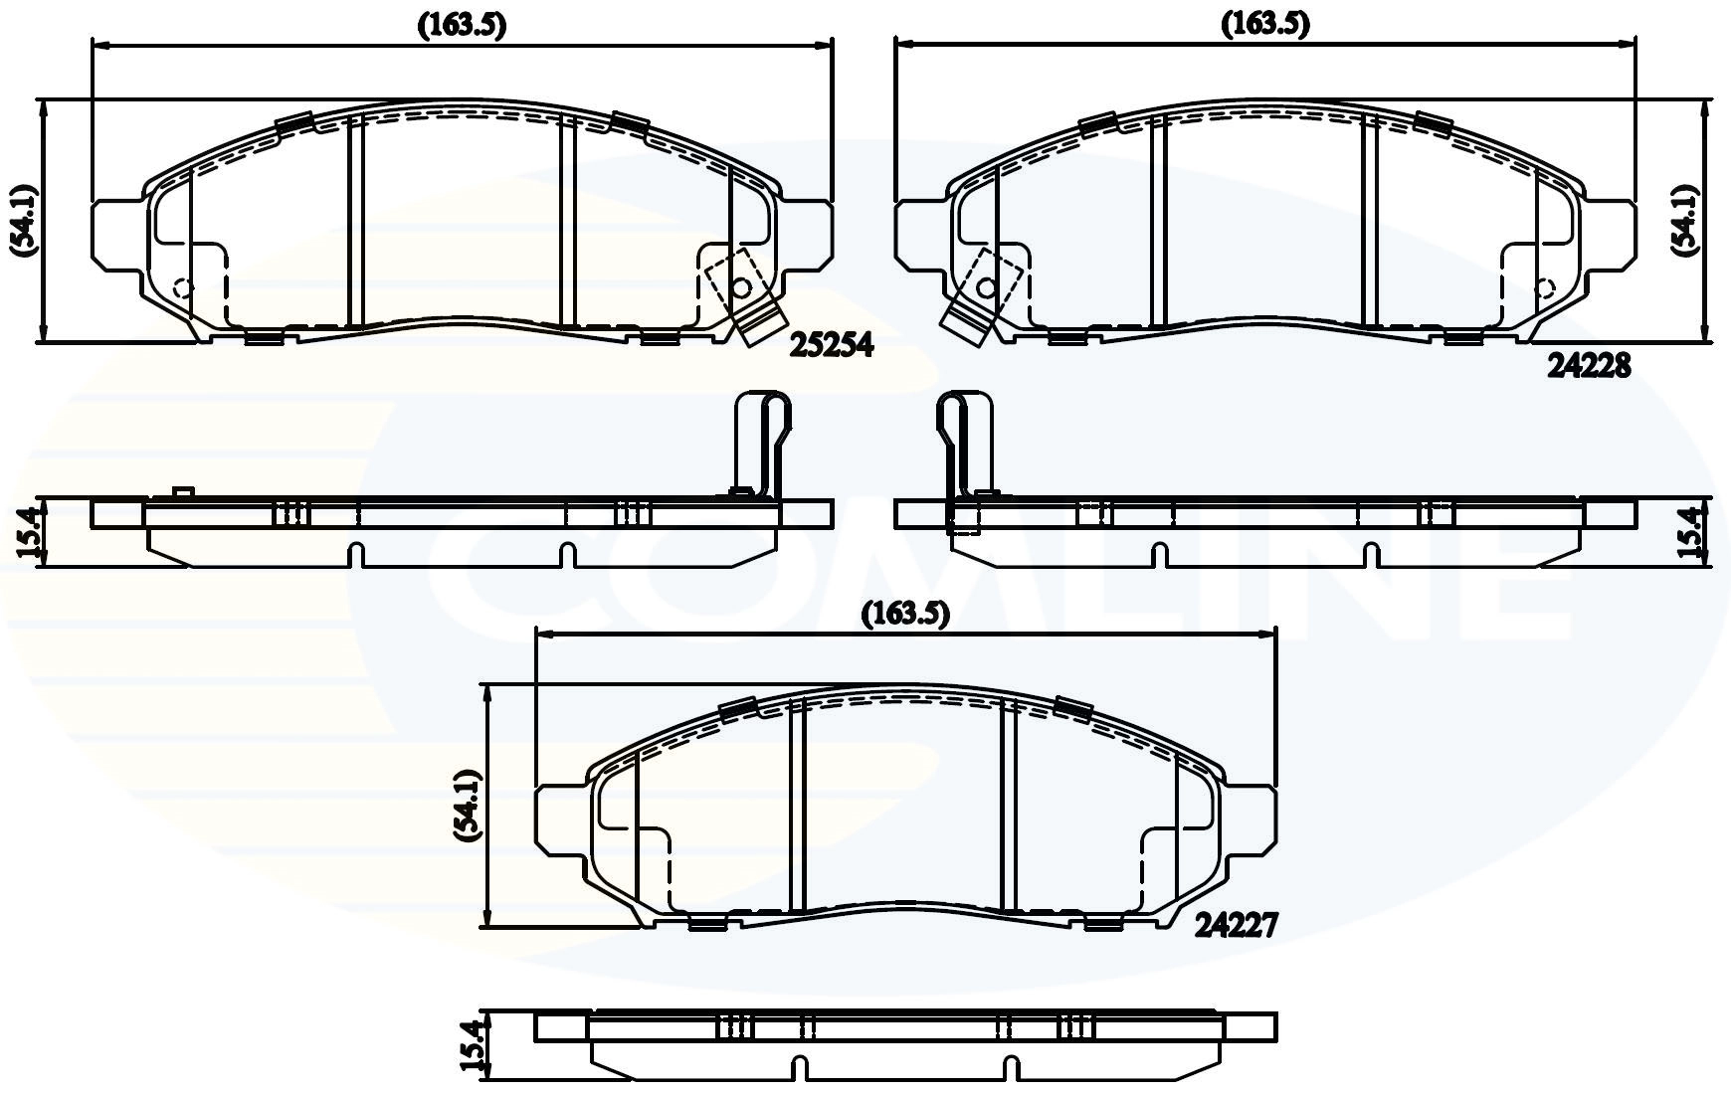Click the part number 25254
(x=832, y=345)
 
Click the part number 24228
(x=1589, y=367)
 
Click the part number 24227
(x=1236, y=926)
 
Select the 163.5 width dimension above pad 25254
(x=462, y=26)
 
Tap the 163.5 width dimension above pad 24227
(x=905, y=614)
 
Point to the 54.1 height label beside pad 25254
(x=25, y=221)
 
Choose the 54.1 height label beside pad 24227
(x=468, y=807)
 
